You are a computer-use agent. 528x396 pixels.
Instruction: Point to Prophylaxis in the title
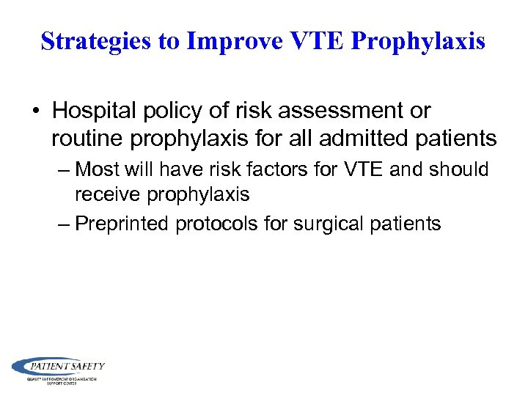(418, 42)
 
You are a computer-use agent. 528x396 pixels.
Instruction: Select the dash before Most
(64, 169)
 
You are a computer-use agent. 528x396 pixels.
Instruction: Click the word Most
(98, 169)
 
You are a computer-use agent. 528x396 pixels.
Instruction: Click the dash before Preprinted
(64, 224)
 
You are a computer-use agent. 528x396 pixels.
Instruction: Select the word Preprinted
(122, 224)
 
